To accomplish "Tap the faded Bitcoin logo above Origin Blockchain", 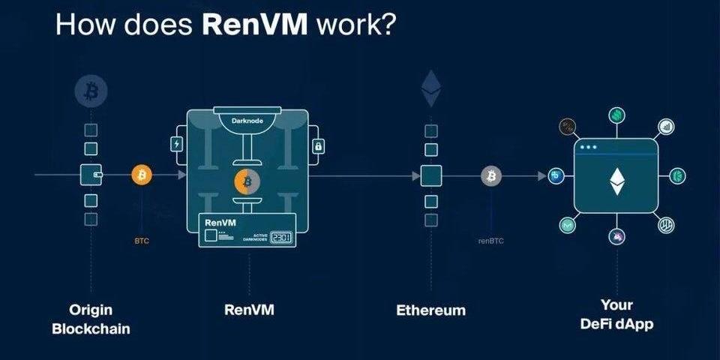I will (91, 91).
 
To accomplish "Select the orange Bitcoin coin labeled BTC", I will (142, 175).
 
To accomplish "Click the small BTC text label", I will (142, 241).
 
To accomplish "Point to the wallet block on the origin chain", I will (91, 175).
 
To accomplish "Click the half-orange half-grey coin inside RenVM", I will (247, 181).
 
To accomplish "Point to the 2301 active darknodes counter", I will (281, 237).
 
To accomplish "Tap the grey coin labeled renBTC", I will (491, 175).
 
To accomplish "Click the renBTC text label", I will (491, 241).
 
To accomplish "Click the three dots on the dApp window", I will (589, 147).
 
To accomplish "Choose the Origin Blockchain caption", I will (91, 319).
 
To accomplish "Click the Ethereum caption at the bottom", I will (430, 310).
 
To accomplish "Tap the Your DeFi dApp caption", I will (616, 315).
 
